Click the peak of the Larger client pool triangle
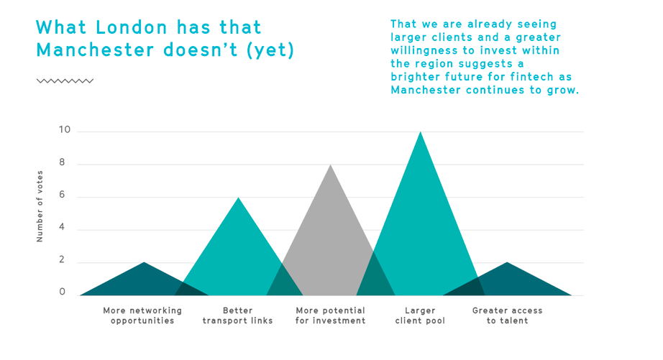click(x=421, y=133)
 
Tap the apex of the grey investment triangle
click(x=330, y=166)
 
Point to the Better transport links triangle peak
click(x=238, y=198)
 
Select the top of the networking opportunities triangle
click(x=145, y=263)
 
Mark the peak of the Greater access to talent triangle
click(x=508, y=263)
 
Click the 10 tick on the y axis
click(x=65, y=130)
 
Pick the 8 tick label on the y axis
click(x=62, y=163)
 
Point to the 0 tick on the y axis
click(x=62, y=292)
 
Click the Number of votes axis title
click(x=40, y=206)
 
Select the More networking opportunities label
click(x=142, y=315)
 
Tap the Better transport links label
click(x=237, y=315)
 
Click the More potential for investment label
click(x=330, y=315)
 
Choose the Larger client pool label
click(x=420, y=315)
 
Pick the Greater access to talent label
click(x=507, y=315)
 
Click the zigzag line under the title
click(x=65, y=81)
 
